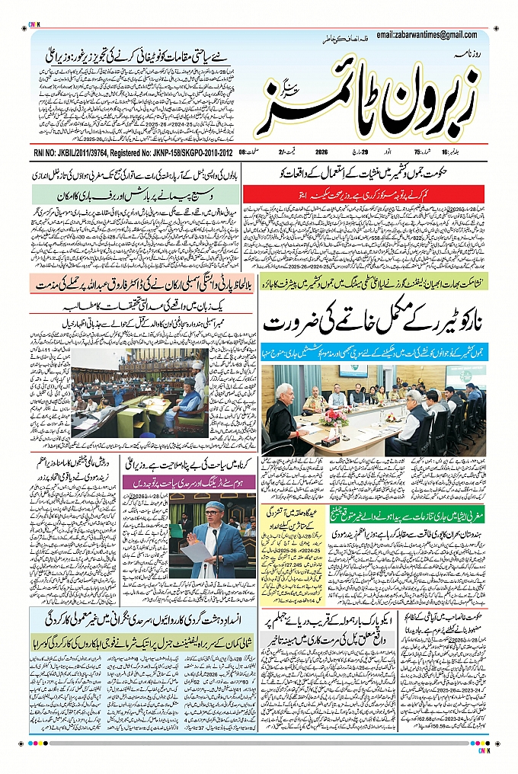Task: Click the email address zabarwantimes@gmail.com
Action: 431,35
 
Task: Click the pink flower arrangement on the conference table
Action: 334,417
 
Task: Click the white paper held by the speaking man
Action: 195,550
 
